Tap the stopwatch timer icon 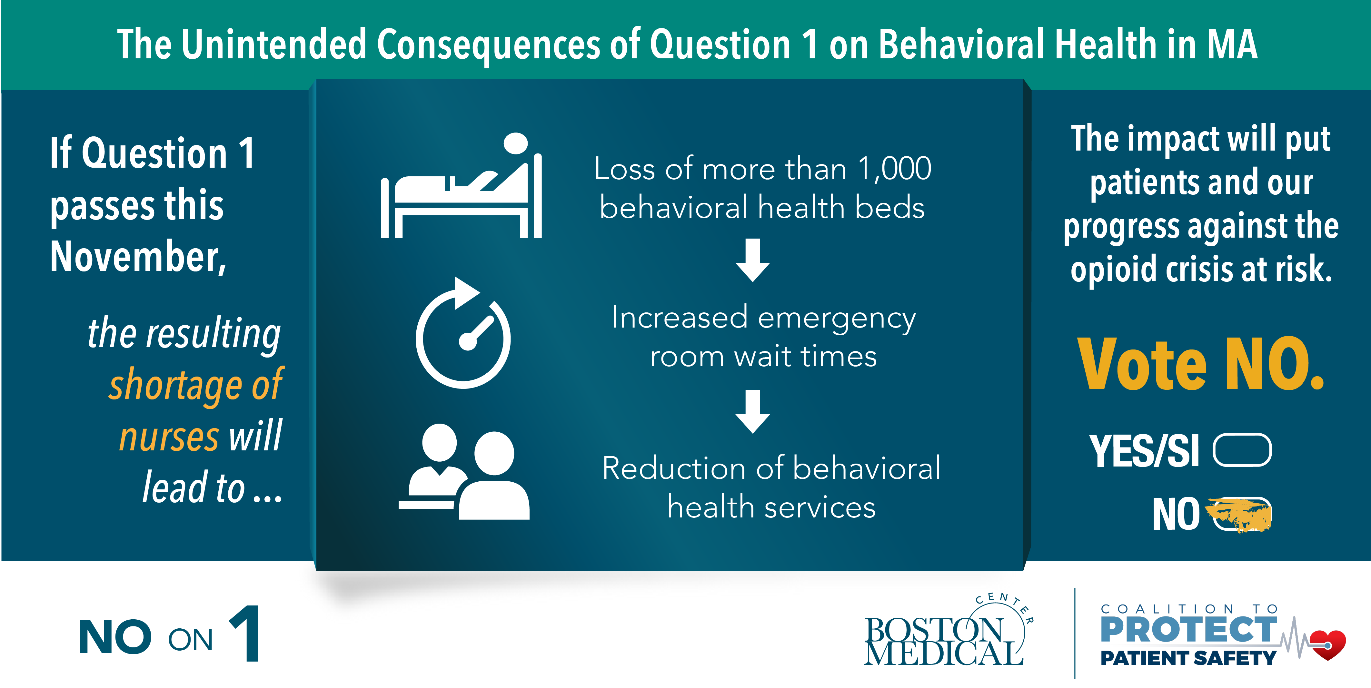pyautogui.click(x=463, y=333)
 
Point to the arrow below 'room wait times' pyautogui.click(x=752, y=411)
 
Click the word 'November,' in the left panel pyautogui.click(x=138, y=257)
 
